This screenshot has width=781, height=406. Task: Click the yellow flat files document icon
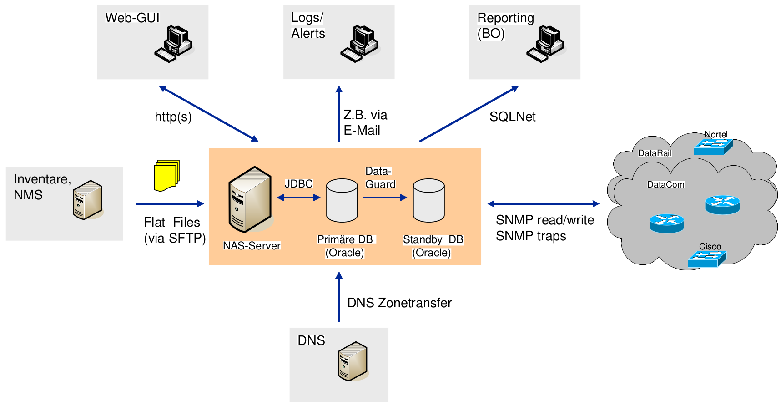166,175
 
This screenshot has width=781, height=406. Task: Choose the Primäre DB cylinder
342,200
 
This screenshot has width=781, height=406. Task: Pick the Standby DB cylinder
428,200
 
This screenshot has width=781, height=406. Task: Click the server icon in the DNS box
353,361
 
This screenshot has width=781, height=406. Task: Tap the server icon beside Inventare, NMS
88,200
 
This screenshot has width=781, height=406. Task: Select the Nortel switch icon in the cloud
713,146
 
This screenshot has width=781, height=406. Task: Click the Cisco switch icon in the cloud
707,259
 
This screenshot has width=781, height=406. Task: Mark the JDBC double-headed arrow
298,198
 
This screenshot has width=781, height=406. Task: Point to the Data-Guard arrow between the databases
385,198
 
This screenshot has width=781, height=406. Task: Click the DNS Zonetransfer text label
399,303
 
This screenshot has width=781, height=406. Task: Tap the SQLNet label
512,117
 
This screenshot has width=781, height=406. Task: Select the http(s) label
173,117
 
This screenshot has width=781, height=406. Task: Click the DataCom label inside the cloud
665,184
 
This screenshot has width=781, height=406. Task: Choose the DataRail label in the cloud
655,153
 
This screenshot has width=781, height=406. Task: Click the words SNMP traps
531,236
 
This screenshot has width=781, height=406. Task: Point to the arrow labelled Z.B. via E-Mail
339,114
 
